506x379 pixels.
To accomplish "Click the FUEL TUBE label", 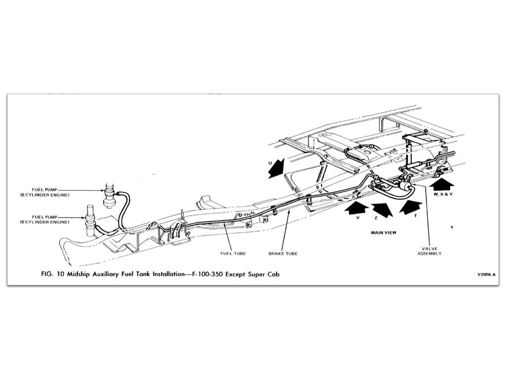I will (x=233, y=253).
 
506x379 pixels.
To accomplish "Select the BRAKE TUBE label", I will (x=283, y=253).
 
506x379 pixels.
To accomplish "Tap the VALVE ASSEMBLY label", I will (x=429, y=251).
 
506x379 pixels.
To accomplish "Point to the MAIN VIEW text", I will (x=383, y=232).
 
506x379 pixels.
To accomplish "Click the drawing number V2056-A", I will (x=487, y=275).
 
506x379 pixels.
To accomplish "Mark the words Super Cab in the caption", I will (x=264, y=274).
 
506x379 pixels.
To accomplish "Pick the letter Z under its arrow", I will (x=376, y=218).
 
